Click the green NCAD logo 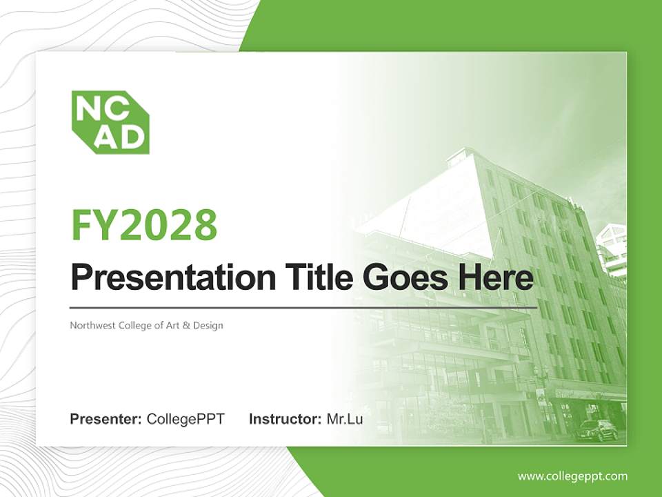tap(110, 122)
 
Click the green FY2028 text tap(144, 224)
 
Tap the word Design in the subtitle tap(209, 325)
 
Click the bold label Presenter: tap(106, 419)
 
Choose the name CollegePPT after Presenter tap(185, 419)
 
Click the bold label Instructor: tap(285, 419)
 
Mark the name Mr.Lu tap(345, 419)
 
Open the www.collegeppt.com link tap(572, 476)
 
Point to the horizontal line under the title tap(303, 307)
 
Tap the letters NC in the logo tap(97, 108)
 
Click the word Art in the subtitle tap(173, 325)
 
